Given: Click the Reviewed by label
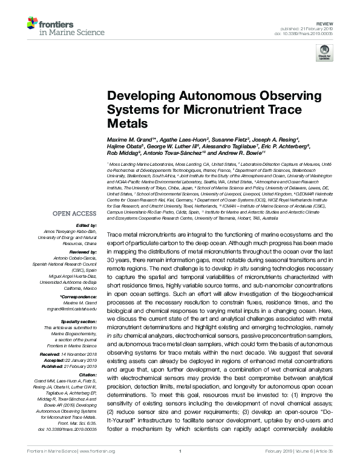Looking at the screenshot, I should (82, 251).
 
